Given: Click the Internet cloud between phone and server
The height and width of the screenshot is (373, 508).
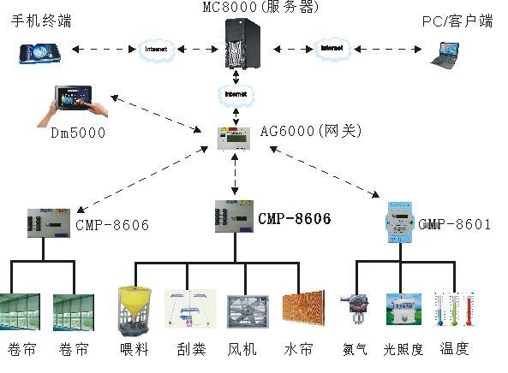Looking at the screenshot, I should click(156, 50).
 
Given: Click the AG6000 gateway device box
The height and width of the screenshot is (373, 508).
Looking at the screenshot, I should click(234, 139).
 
